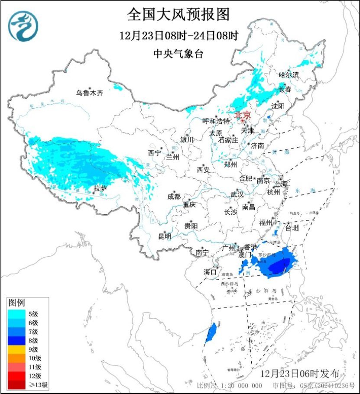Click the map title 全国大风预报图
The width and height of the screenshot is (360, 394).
[178, 15]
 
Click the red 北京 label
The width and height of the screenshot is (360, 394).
[242, 115]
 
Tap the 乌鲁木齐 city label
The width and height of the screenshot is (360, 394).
[90, 93]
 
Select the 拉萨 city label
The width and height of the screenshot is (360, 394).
[101, 188]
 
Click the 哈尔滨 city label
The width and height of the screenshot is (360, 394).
[289, 75]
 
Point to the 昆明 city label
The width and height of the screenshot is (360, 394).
[164, 236]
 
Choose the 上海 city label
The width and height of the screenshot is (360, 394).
[280, 184]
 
